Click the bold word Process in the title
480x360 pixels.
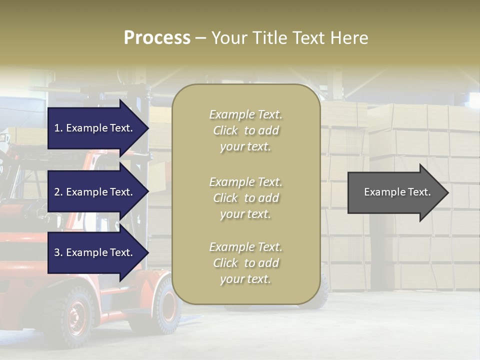pos(157,38)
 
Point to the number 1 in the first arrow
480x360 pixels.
pos(56,128)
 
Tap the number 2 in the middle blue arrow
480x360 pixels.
pos(57,192)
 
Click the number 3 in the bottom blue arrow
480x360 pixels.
pos(57,252)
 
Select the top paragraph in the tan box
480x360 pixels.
pos(245,130)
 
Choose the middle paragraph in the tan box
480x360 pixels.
pos(245,197)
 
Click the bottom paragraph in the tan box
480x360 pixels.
pos(245,263)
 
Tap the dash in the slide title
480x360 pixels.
pos(200,38)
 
